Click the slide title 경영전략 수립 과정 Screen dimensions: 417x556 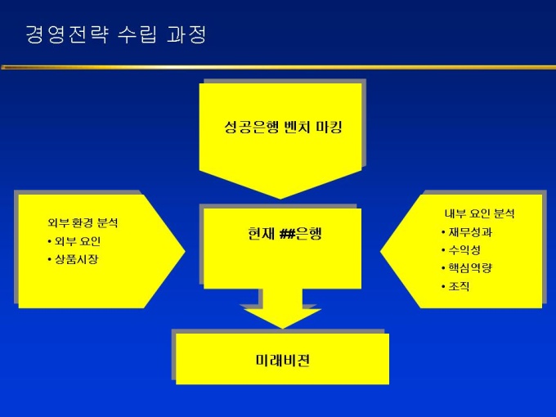[x=115, y=35]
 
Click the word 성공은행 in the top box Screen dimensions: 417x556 [x=248, y=128]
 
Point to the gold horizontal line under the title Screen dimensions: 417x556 [x=278, y=66]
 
